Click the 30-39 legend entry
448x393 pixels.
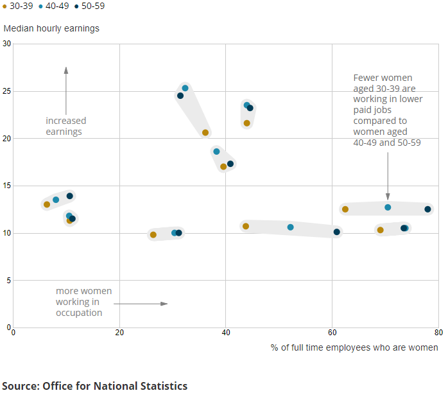18,6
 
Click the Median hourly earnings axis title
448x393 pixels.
51,29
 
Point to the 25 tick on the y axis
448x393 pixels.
8,91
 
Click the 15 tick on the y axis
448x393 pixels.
8,186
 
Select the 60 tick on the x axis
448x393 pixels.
332,332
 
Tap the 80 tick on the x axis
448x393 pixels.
438,332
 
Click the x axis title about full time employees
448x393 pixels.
354,347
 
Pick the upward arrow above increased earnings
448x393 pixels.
65,90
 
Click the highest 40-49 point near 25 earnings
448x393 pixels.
185,88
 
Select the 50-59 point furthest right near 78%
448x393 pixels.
427,209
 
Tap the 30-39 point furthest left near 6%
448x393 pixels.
46,205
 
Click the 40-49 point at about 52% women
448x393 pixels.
290,227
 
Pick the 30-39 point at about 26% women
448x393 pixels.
153,235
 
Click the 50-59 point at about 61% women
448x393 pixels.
336,232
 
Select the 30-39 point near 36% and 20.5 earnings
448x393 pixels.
205,133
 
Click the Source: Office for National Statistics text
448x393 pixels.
95,386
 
